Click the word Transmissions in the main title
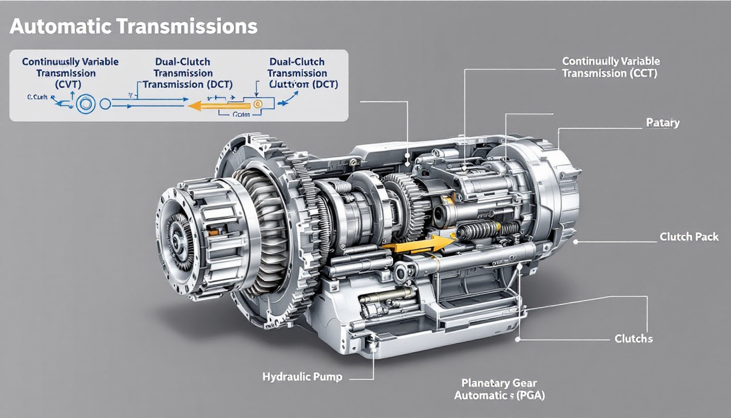(185, 27)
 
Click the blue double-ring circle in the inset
(85, 103)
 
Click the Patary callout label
(662, 123)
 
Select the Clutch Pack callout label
(689, 237)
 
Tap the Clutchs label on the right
(634, 339)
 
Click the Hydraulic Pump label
(302, 377)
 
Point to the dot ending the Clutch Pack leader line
(575, 240)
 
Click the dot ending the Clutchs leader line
(518, 339)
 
